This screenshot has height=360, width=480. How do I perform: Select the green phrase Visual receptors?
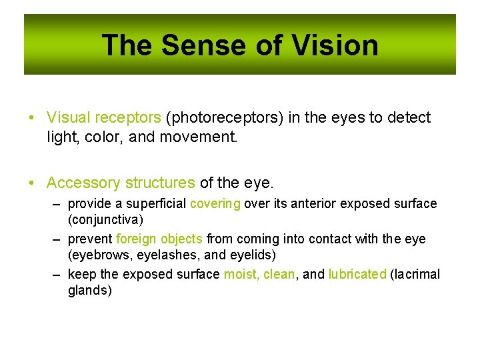pos(103,118)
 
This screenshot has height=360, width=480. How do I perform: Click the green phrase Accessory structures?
pos(121,183)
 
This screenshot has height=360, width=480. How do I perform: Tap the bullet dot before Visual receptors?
pos(32,119)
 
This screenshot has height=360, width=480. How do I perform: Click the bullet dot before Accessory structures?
pos(32,183)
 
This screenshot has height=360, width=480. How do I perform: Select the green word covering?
pos(215,203)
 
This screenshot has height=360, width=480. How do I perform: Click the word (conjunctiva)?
pos(105,219)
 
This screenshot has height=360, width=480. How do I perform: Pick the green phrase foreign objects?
pos(159,239)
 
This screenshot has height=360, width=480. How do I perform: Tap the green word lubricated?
pos(357,274)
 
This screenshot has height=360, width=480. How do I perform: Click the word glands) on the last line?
pos(90,291)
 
